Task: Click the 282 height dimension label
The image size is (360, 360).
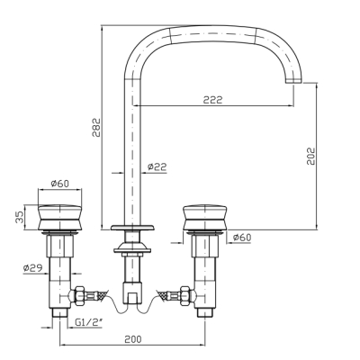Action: point(96,128)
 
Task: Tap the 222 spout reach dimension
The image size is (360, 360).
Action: point(213,100)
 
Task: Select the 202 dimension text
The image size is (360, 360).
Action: point(310,156)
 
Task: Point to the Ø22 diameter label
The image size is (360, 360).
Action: point(157,166)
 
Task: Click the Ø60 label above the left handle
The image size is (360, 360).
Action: point(60,183)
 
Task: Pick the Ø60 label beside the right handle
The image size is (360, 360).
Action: point(242,238)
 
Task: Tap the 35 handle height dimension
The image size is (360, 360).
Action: point(19,217)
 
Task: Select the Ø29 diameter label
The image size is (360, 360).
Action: point(32,267)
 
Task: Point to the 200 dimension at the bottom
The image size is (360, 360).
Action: point(132,339)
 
